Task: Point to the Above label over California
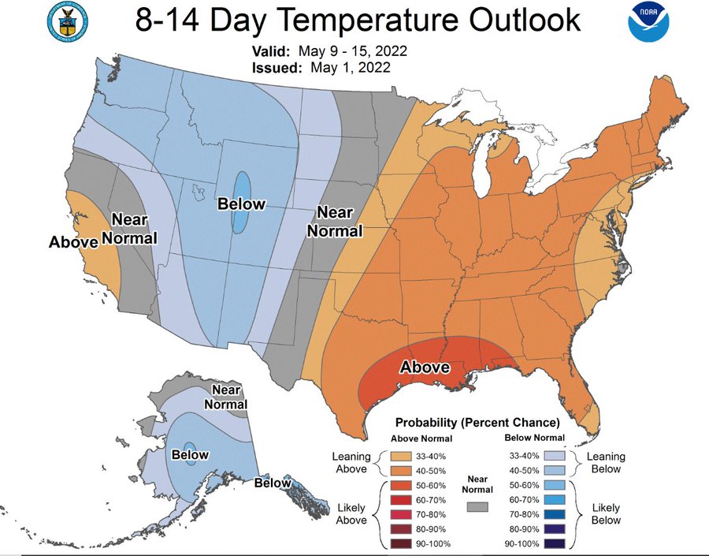click(x=73, y=241)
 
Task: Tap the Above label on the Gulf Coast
click(x=425, y=367)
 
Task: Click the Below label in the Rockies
click(x=241, y=204)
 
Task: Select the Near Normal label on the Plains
click(x=334, y=222)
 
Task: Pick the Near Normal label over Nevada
click(x=134, y=228)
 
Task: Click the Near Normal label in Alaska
click(x=226, y=397)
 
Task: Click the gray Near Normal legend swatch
click(x=477, y=506)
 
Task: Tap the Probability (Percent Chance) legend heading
click(x=477, y=422)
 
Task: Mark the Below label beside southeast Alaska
click(x=273, y=483)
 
